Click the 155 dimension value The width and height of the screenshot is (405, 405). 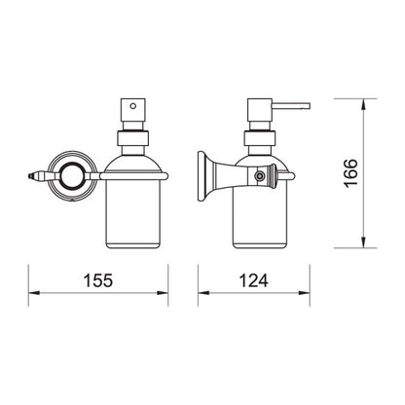click(98, 280)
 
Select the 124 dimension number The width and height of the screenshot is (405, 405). click(253, 280)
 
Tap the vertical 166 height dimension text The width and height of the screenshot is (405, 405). click(350, 173)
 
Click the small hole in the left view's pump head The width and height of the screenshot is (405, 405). click(132, 106)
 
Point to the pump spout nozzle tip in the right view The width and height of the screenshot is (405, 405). click(309, 106)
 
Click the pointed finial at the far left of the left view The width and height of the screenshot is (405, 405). click(30, 176)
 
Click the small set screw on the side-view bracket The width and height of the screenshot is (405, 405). click(259, 176)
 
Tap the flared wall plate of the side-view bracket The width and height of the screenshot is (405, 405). click(202, 176)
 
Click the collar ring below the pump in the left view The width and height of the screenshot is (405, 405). click(132, 138)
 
